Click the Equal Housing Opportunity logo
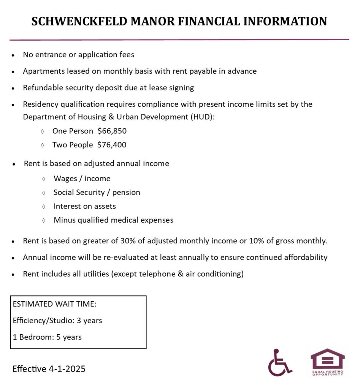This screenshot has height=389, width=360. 327,362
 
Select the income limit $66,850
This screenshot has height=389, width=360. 112,131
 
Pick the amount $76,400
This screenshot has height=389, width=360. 112,145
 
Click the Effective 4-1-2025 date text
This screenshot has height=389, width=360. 49,368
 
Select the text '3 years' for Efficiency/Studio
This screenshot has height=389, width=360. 89,320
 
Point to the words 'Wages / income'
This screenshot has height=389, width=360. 82,179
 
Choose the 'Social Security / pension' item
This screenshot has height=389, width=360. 97,192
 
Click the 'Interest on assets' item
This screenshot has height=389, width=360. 84,206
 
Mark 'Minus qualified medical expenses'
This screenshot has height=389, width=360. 113,220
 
